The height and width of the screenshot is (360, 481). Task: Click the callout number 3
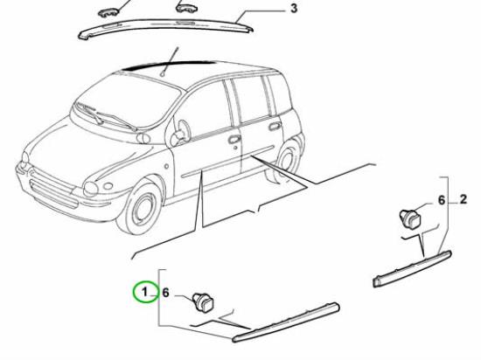(294, 8)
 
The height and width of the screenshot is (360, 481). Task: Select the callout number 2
(464, 199)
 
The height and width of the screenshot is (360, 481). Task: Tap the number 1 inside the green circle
(145, 292)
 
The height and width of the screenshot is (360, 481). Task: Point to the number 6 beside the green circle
(165, 293)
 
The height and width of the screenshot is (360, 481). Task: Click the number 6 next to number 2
(442, 200)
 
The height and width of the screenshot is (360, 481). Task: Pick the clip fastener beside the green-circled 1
(203, 301)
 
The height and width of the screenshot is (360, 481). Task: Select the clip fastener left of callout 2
(410, 218)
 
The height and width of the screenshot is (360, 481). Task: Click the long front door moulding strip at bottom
(286, 322)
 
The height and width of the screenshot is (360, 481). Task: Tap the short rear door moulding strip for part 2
(412, 269)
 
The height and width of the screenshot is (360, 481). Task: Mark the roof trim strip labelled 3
(165, 29)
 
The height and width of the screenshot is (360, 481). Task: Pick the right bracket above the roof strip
(186, 8)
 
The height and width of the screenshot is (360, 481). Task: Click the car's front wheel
(141, 210)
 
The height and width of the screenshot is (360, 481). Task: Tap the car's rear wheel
(288, 159)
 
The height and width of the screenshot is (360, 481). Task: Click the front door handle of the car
(234, 140)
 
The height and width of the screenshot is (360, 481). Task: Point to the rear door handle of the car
(274, 126)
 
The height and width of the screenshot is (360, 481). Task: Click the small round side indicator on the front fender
(166, 166)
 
